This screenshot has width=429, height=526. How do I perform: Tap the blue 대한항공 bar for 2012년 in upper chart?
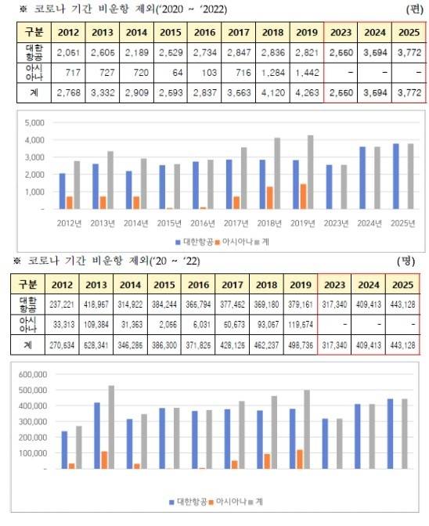click(x=62, y=191)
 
